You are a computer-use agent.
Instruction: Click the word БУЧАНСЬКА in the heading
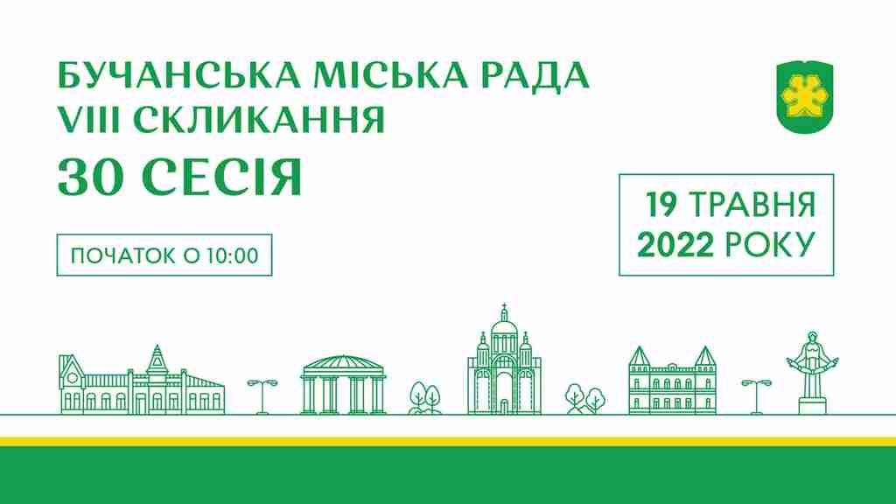point(178,75)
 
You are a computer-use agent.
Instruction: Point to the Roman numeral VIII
point(90,119)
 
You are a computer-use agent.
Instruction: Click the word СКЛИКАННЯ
point(259,119)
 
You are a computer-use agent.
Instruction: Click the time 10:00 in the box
point(233,255)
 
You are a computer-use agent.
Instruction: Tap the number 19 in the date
point(661,204)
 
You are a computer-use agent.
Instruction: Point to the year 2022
point(675,245)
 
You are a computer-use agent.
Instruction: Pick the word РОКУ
point(770,245)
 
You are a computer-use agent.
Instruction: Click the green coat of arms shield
point(805,96)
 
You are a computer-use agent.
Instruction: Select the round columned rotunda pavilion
point(343,384)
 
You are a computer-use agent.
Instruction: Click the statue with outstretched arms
point(812,371)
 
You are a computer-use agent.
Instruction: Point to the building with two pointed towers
point(673,380)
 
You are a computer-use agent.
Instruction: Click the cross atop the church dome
point(504,308)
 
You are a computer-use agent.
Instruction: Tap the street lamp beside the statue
point(756,396)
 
